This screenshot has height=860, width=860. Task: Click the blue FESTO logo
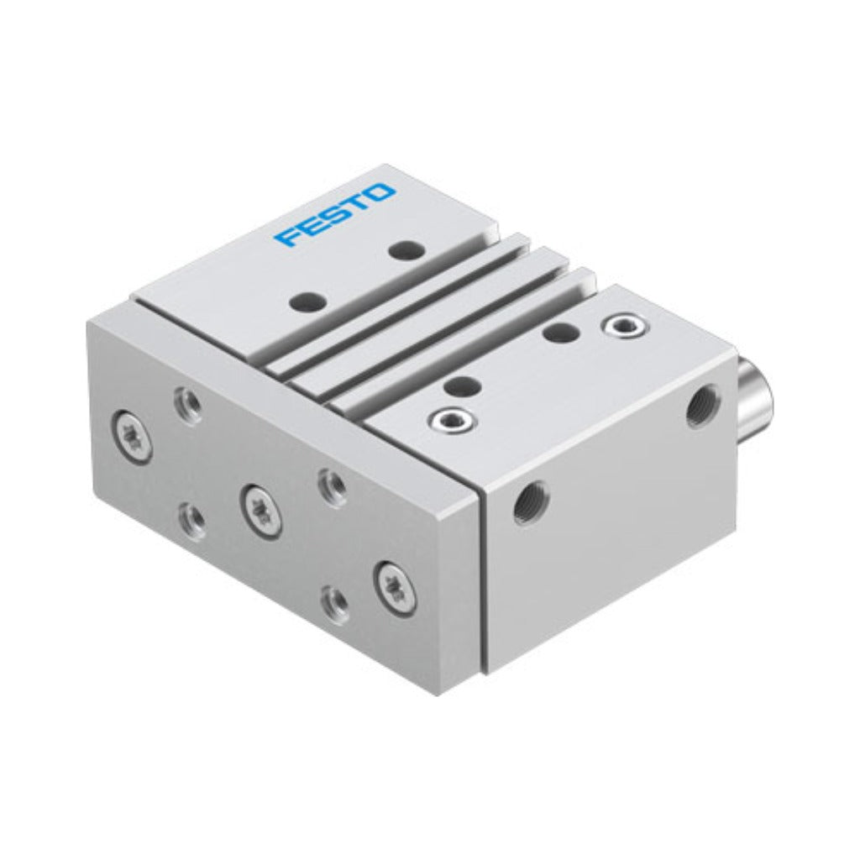(335, 216)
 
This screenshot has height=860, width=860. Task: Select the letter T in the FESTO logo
(359, 202)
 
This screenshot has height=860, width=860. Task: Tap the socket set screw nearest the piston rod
(625, 327)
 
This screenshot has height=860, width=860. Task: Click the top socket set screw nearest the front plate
(453, 422)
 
